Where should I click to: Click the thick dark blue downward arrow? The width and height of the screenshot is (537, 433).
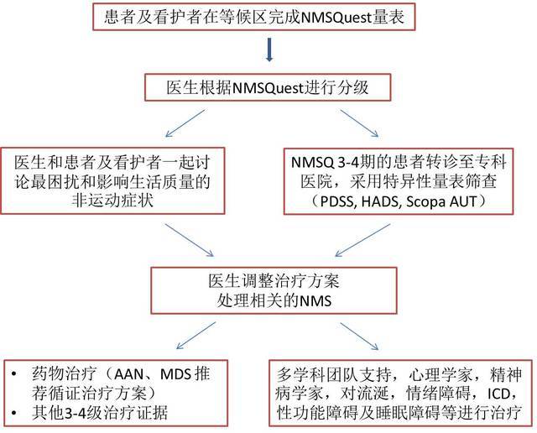(x=269, y=50)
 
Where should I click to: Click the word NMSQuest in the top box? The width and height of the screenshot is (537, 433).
(x=336, y=18)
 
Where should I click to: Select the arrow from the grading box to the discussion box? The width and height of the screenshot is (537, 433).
(x=185, y=123)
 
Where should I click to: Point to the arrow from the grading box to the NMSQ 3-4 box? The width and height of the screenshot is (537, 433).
(x=359, y=123)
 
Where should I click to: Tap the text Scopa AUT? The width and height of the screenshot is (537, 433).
(x=441, y=201)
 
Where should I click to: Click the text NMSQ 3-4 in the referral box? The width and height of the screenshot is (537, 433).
(x=323, y=163)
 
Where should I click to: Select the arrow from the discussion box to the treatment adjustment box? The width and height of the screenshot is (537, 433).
(x=190, y=240)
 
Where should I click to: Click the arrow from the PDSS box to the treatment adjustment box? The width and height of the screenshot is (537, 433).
(x=362, y=240)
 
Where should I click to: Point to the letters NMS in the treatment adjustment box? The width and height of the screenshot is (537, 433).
(x=315, y=301)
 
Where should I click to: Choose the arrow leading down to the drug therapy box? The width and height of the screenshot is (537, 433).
(x=196, y=336)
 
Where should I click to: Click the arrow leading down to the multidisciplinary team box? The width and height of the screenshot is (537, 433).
(x=359, y=336)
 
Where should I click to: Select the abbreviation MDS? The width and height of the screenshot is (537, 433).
(x=175, y=374)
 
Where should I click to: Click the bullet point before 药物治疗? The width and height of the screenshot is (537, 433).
(x=14, y=373)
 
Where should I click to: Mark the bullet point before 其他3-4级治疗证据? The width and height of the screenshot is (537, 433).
(x=14, y=413)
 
